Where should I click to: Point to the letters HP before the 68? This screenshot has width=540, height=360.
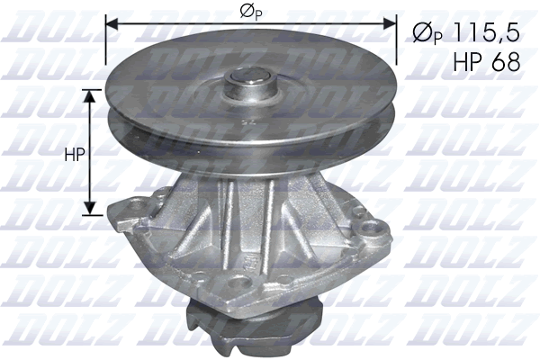[463, 60]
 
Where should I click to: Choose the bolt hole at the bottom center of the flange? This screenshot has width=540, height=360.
[239, 284]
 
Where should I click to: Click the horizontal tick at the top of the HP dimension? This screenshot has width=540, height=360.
[90, 89]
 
